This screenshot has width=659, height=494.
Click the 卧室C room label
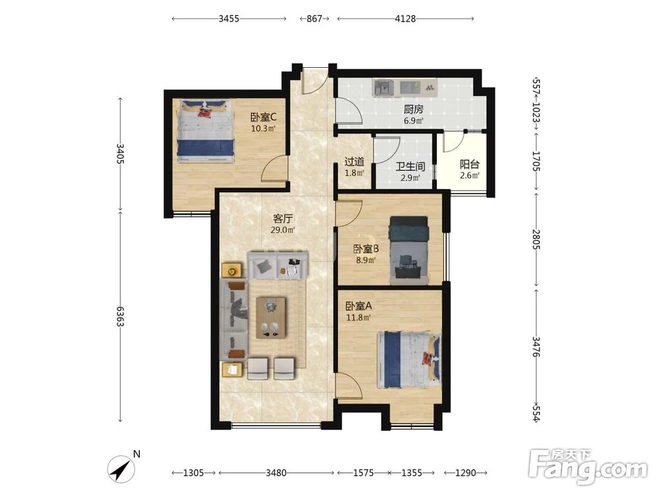coord(263,117)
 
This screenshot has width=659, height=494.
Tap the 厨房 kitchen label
coord(413,109)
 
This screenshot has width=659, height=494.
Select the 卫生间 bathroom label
coord(410,167)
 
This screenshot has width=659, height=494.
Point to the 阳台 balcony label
coord(469,164)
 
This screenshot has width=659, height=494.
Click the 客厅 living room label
coord(283,219)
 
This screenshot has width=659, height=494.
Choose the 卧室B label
coord(366,249)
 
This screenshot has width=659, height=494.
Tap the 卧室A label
coord(358,306)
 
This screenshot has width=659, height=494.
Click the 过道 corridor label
coord(354,162)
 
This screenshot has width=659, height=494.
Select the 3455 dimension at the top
coord(229,18)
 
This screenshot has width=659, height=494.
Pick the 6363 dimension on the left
coord(120,316)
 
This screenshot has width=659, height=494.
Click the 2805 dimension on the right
coord(536,239)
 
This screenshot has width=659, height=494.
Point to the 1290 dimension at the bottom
coord(466,473)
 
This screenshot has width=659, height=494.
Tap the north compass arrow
coord(122,468)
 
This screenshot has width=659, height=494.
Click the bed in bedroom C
coord(205,130)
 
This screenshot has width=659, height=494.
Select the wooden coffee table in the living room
coord(271,317)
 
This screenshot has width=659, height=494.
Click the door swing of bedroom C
coord(273,169)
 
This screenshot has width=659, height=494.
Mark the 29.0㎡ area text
coord(283,230)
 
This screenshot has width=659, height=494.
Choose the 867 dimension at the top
coord(314,18)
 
